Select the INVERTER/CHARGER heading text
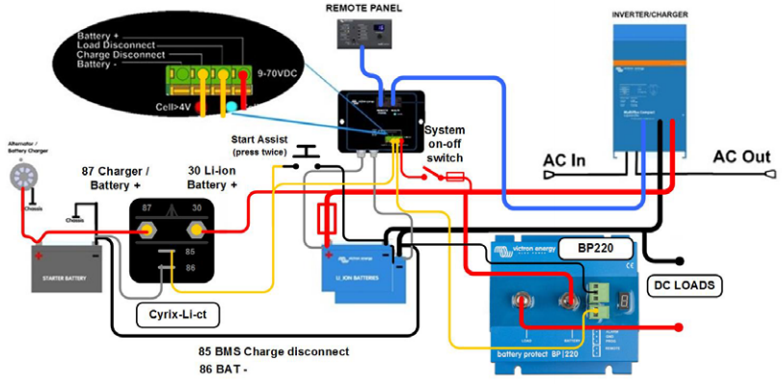click(647, 14)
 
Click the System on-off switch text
click(445, 144)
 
